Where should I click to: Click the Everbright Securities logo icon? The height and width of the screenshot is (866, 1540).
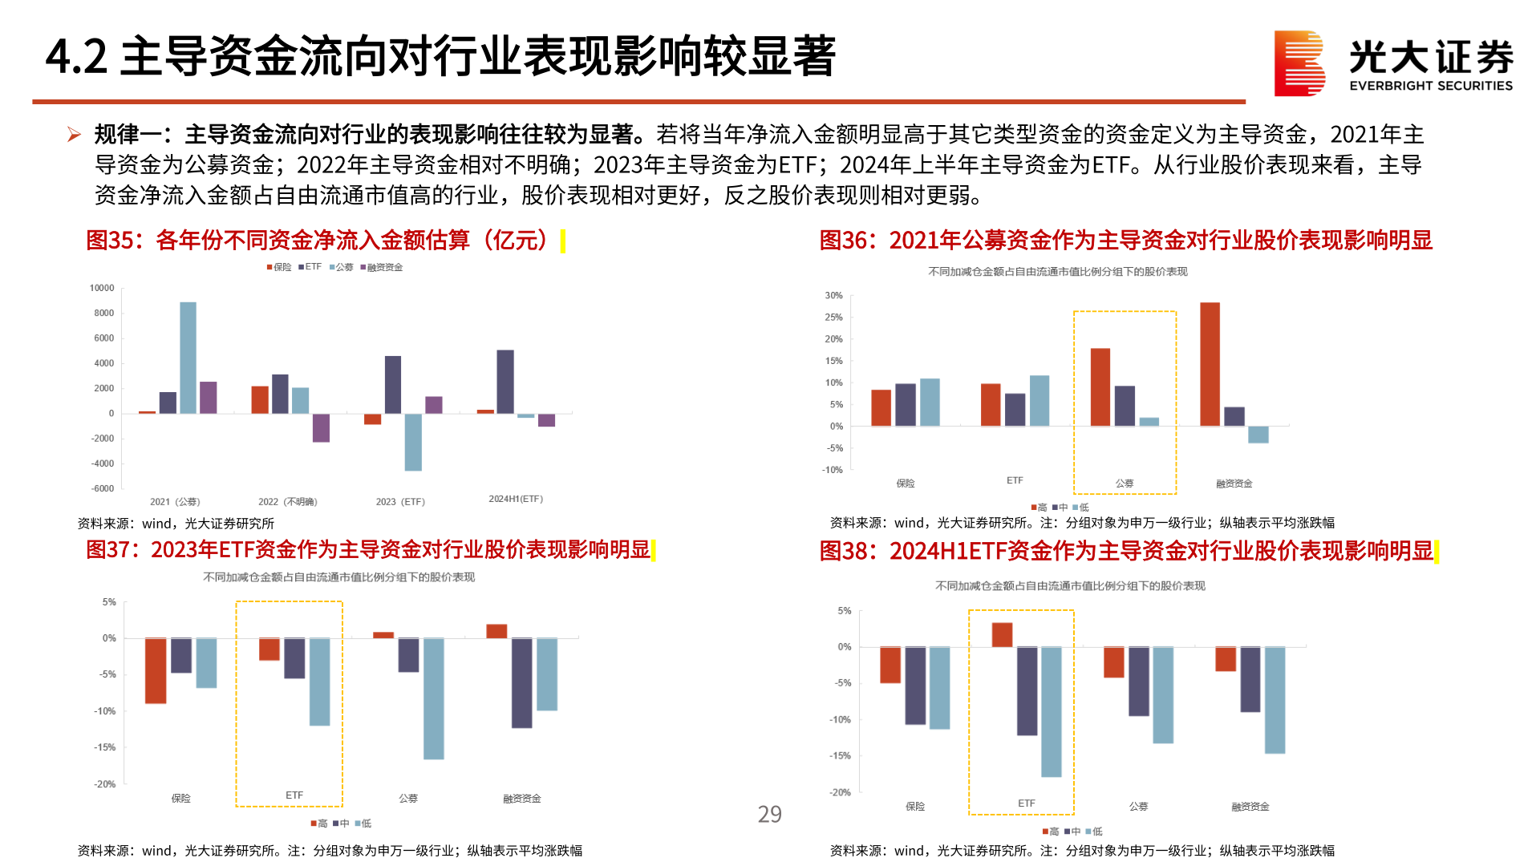[x=1299, y=63]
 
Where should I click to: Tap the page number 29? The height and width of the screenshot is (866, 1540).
[x=769, y=815]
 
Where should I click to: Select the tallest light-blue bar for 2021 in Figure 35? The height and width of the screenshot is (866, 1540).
[x=188, y=358]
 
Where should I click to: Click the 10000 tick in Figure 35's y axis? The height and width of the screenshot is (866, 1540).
[x=102, y=288]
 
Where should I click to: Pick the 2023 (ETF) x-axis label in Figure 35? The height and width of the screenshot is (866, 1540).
[x=400, y=502]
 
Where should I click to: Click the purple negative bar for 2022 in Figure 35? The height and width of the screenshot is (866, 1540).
[x=321, y=428]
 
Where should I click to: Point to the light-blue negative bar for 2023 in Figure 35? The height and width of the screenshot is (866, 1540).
[x=413, y=442]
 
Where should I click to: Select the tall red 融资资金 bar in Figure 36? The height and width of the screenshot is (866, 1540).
[x=1210, y=364]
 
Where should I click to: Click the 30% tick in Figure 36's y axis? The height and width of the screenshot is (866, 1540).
[x=833, y=296]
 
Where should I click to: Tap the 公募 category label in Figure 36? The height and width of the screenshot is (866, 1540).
[x=1125, y=484]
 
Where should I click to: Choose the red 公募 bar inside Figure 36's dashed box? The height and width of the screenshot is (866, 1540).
[x=1100, y=387]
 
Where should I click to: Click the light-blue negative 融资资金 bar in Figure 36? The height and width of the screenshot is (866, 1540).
[x=1258, y=435]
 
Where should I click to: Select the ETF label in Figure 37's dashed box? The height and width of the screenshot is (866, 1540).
[x=294, y=795]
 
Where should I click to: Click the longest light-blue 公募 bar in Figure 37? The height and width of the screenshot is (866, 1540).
[x=434, y=698]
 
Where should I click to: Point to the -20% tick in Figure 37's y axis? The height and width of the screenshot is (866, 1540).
[x=105, y=784]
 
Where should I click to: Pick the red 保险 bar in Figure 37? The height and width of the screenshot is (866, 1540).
[x=156, y=671]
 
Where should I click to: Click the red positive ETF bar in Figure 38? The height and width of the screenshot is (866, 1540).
[x=1002, y=635]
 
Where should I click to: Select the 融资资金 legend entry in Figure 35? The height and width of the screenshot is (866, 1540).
[x=382, y=267]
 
